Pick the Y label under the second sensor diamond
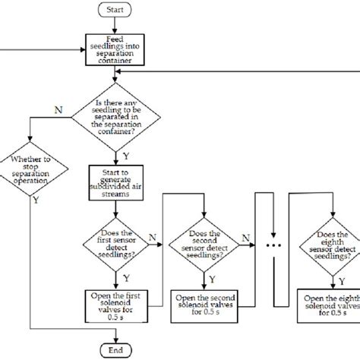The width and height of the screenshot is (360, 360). click(210, 278)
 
